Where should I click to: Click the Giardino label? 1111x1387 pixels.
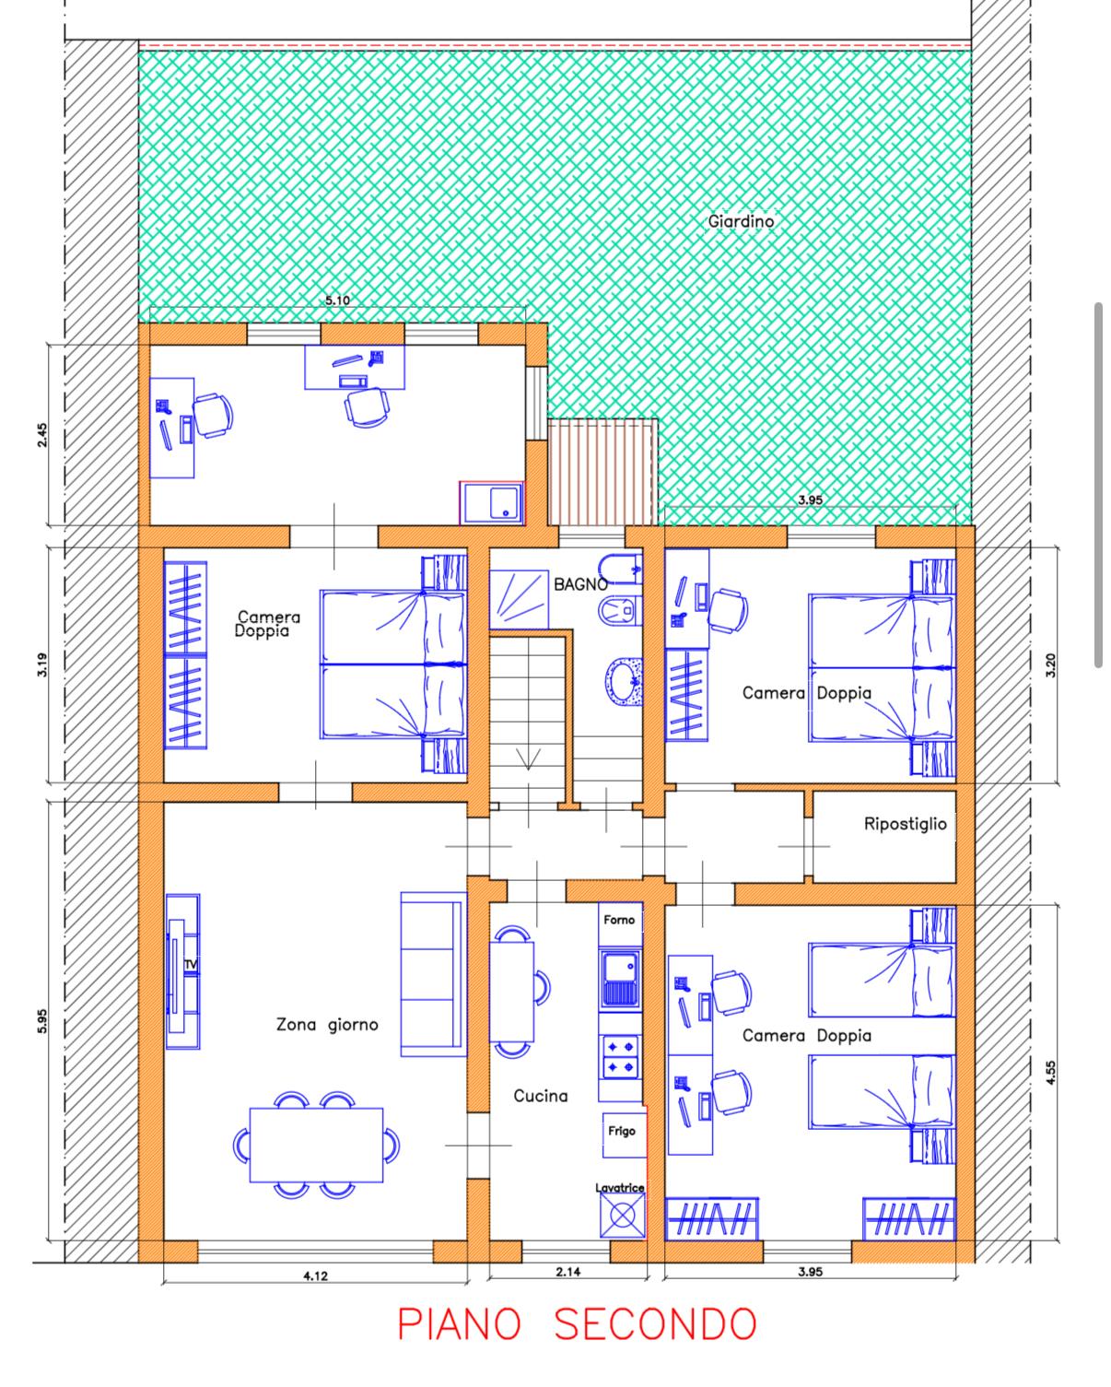pos(741,221)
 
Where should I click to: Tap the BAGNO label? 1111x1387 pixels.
pos(580,584)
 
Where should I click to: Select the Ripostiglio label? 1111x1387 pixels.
pos(905,824)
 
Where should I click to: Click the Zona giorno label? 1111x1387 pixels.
pos(327,1024)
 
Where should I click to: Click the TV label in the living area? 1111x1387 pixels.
pos(191,965)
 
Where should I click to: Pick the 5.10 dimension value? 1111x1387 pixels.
pos(337,300)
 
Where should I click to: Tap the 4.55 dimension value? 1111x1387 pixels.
pos(1050,1073)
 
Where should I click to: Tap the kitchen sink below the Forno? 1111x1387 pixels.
pos(620,979)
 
